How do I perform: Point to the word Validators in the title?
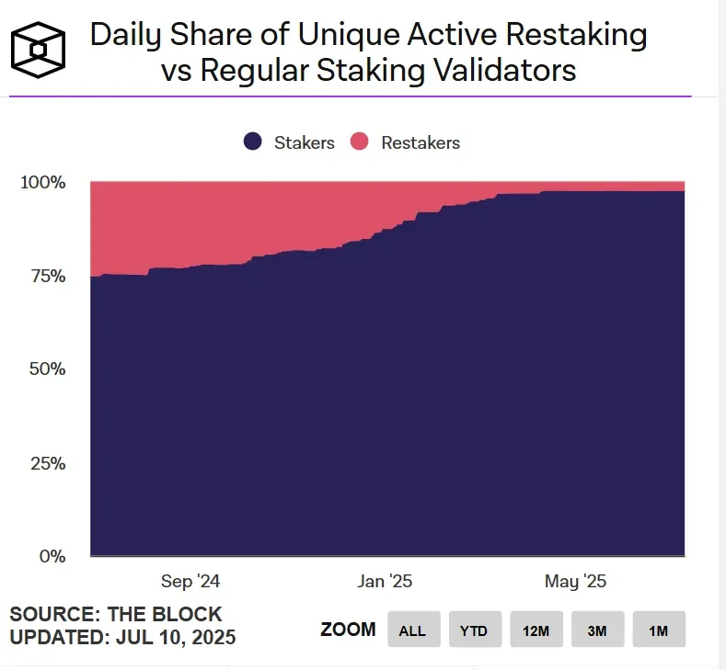(500, 71)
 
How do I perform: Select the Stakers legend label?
(304, 142)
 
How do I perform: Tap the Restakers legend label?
(421, 142)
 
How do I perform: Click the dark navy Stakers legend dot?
(254, 142)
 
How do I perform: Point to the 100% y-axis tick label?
(43, 182)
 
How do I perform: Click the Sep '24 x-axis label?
(190, 582)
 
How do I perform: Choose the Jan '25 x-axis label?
(385, 582)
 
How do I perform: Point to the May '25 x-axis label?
(575, 582)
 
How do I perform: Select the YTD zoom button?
(475, 630)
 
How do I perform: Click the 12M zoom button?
(536, 630)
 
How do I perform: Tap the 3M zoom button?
(597, 630)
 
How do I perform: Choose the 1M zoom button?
(659, 630)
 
